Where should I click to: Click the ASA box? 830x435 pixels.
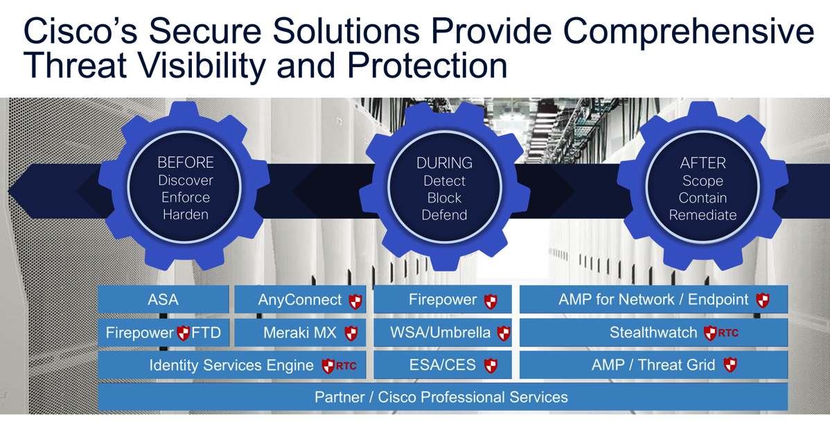click(163, 300)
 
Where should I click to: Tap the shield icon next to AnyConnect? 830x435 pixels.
click(355, 301)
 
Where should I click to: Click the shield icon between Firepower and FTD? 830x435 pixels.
click(183, 333)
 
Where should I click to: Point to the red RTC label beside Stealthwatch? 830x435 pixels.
click(728, 333)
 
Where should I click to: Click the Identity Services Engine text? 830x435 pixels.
click(231, 366)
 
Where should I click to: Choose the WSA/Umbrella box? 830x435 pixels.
click(442, 333)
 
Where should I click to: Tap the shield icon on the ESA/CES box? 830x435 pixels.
click(491, 366)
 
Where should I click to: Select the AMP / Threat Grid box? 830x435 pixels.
click(653, 365)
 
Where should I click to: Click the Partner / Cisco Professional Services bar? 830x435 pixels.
click(441, 397)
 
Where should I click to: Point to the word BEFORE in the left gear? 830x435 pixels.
click(186, 163)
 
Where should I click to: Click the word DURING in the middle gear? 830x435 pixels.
click(444, 163)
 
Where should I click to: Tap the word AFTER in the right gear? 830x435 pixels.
click(703, 163)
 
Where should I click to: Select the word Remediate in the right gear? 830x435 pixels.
click(703, 215)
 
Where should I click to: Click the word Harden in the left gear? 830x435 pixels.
click(186, 215)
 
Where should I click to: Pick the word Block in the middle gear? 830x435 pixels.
click(444, 198)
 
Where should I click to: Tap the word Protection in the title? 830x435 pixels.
click(427, 66)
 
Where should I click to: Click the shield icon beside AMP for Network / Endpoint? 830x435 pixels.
click(763, 301)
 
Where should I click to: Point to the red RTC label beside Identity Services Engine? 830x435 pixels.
click(346, 366)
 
